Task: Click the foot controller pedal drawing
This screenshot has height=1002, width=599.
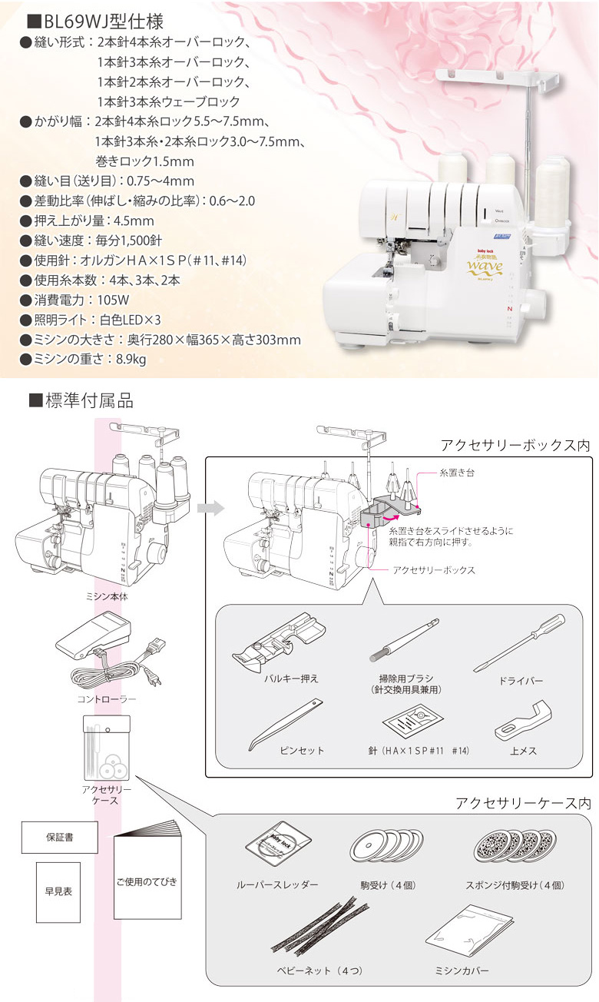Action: click(91, 637)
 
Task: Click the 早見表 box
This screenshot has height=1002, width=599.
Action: click(58, 891)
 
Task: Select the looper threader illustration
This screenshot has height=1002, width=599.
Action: click(278, 846)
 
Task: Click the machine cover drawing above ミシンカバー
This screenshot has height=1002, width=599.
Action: click(458, 931)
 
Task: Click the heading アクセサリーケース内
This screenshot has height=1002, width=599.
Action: click(523, 802)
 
